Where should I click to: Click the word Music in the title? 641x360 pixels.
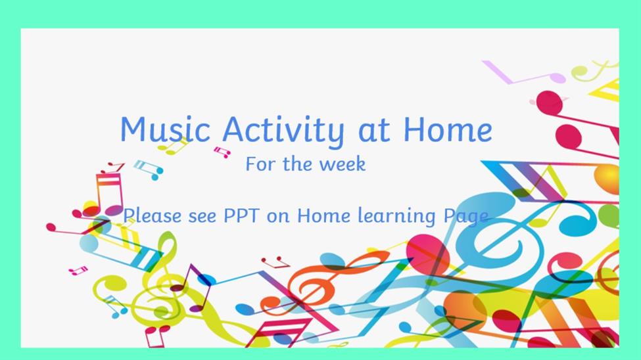click(165, 129)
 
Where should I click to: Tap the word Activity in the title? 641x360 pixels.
click(283, 131)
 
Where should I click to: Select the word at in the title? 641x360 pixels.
click(374, 131)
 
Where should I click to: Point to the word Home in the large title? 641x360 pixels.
click(448, 129)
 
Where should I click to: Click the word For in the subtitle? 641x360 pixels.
click(260, 164)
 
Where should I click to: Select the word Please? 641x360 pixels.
click(152, 215)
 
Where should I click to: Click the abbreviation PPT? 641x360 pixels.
click(241, 215)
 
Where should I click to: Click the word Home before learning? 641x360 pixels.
click(323, 215)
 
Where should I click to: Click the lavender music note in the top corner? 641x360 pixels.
click(523, 74)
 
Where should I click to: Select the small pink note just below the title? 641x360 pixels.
click(222, 152)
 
